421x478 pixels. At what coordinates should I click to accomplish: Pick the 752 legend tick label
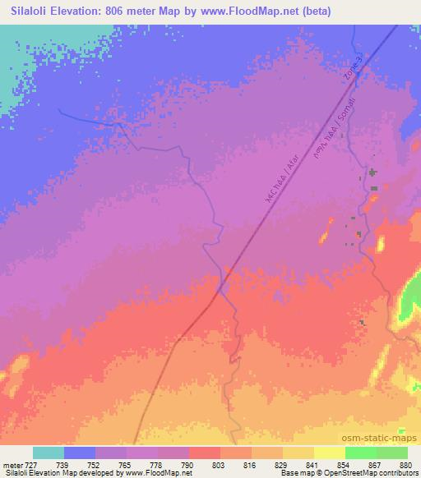click(x=96, y=465)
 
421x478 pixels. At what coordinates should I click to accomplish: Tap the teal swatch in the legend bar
click(x=49, y=453)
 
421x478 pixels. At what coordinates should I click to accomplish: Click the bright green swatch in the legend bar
click(x=361, y=453)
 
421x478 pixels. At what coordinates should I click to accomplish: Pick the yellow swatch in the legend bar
click(x=330, y=453)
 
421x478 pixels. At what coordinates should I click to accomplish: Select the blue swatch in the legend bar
click(x=80, y=453)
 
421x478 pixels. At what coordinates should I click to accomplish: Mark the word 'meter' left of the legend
click(x=12, y=465)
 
